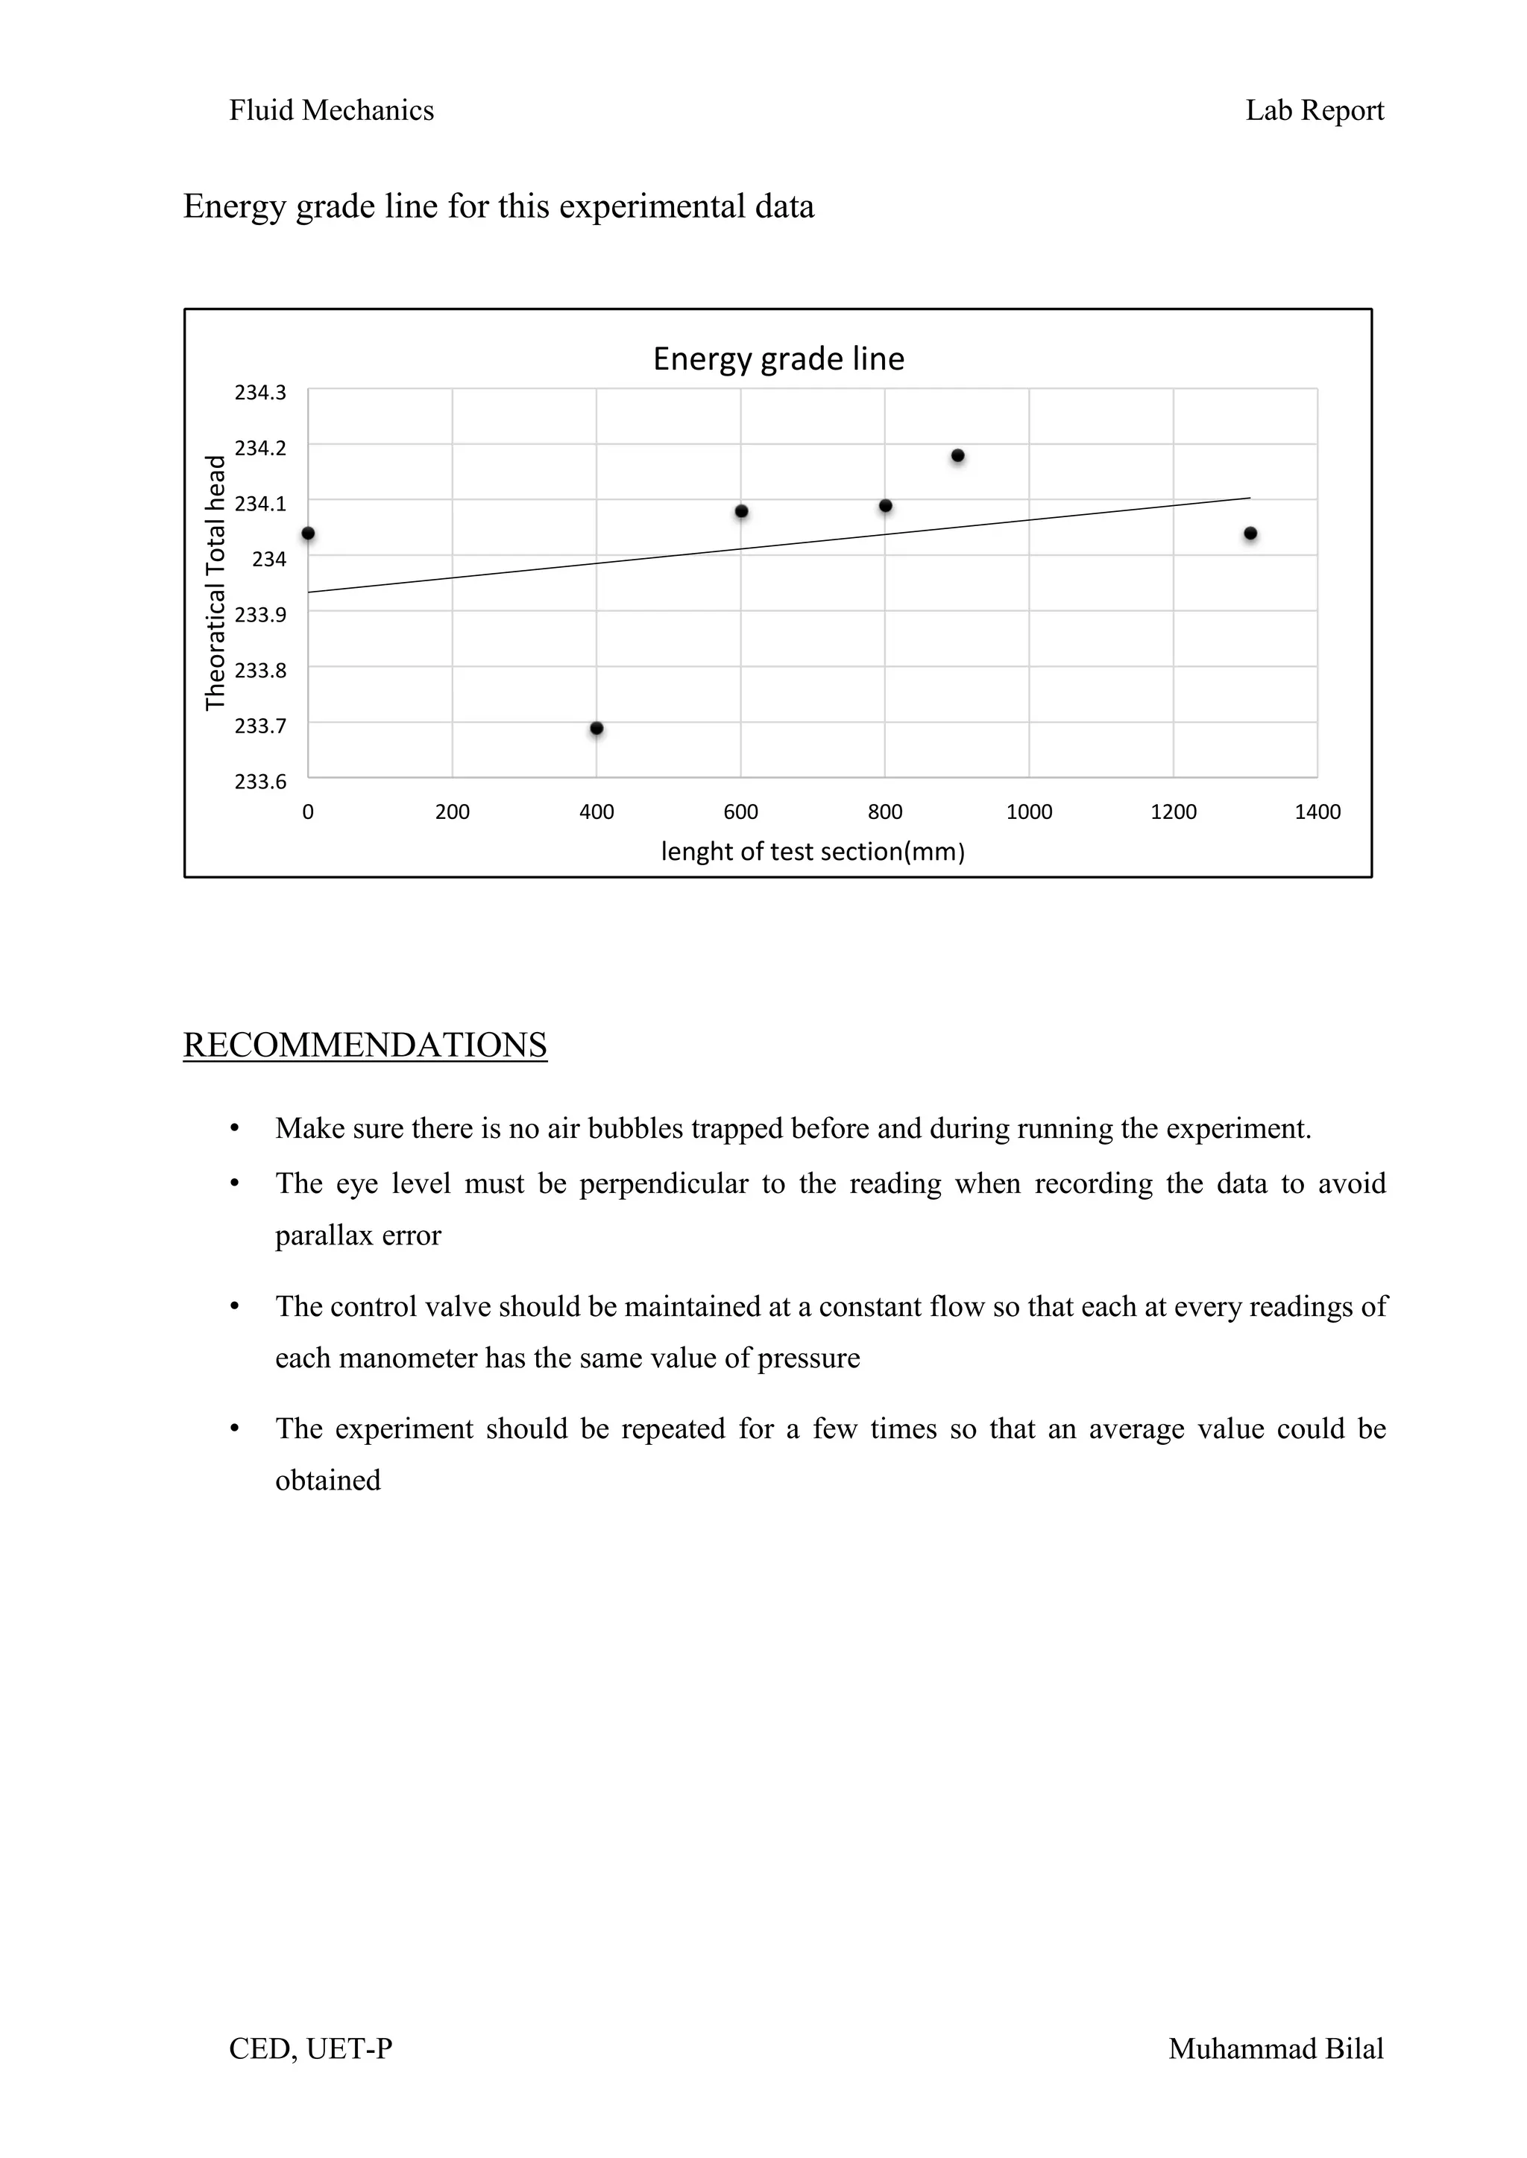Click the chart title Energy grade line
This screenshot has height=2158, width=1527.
point(778,359)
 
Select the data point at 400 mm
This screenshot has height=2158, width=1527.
point(596,729)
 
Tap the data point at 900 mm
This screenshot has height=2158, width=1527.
point(957,456)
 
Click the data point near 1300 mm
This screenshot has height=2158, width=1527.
point(1250,534)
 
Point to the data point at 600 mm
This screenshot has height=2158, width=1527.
point(741,511)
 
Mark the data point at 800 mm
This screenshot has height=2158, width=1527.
point(885,506)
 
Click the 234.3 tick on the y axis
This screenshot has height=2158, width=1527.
point(260,393)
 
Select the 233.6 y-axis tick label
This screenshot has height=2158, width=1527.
point(260,782)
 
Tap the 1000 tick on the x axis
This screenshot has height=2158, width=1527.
point(1029,812)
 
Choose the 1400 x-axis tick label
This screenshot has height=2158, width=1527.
point(1317,812)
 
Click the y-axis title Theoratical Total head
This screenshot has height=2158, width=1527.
point(216,583)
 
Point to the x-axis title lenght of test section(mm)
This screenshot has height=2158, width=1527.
point(813,852)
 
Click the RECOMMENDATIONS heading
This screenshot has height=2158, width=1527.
point(365,1045)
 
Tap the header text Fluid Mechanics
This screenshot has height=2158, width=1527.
point(331,111)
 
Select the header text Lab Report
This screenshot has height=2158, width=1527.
point(1314,111)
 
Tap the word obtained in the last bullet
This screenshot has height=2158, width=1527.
point(327,1481)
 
